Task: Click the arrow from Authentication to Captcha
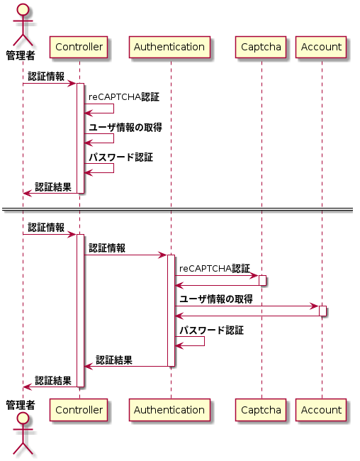[x=216, y=275]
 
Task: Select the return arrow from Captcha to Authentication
[x=216, y=285]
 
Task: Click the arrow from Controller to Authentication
[x=125, y=255]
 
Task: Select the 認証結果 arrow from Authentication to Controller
[x=125, y=367]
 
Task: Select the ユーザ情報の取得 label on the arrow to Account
[x=215, y=299]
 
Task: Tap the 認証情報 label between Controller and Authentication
[x=107, y=248]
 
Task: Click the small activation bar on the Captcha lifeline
[x=261, y=280]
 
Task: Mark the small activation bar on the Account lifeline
[x=322, y=311]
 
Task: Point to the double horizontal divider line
[x=180, y=210]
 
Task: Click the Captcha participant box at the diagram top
[x=261, y=48]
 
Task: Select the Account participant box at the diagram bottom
[x=321, y=410]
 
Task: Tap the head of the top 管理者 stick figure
[x=22, y=10]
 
